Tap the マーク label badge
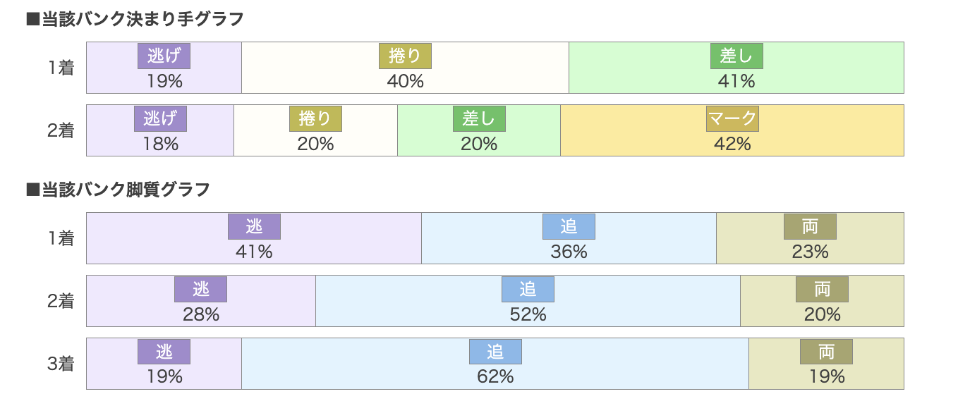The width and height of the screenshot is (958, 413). pos(732,119)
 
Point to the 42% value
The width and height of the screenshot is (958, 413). pos(732,144)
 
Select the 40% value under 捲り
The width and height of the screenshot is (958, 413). pos(405,81)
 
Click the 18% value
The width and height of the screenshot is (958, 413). pos(160,144)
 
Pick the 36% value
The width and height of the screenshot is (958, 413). pos(569,252)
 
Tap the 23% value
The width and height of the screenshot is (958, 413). pos(810,252)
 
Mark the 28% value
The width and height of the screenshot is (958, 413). pos(201,314)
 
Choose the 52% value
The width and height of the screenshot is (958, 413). pos(528,314)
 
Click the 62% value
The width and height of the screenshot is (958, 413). pos(495,376)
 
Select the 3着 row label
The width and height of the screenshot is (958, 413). pos(61,364)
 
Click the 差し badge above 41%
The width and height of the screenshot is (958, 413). pos(736,56)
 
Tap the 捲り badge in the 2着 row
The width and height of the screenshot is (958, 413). pos(315,119)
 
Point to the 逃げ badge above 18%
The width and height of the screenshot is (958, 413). pos(160,119)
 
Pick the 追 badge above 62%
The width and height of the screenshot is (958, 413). pos(495,352)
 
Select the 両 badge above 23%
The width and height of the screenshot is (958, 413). pos(810,226)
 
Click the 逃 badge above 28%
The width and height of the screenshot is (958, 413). pos(201,289)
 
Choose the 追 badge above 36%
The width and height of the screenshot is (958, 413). pos(569,226)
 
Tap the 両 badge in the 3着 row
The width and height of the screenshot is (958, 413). pos(826,352)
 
